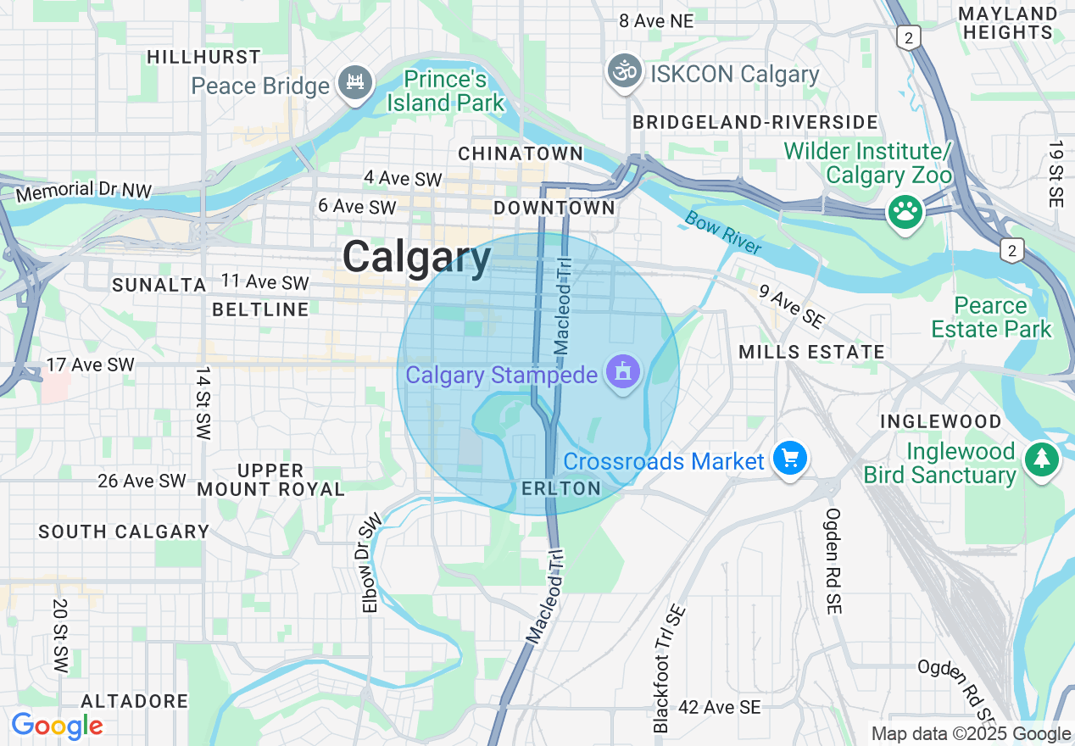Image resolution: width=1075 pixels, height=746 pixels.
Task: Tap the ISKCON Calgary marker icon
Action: click(626, 72)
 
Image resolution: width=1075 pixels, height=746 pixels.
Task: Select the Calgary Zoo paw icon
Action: click(905, 212)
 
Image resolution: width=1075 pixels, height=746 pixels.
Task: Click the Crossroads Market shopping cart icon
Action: click(790, 459)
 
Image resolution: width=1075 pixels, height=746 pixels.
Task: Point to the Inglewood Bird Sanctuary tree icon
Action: click(1042, 460)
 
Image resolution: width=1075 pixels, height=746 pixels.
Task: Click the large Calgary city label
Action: click(416, 257)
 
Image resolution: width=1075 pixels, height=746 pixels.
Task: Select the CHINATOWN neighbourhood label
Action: click(521, 154)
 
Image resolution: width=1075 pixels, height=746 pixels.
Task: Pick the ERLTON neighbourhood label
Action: click(561, 488)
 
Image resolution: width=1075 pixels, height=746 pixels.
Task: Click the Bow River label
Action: click(723, 233)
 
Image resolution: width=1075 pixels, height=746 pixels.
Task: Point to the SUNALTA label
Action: click(159, 285)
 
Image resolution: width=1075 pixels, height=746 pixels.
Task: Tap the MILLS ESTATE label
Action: click(811, 352)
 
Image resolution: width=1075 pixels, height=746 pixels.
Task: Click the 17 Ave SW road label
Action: click(90, 365)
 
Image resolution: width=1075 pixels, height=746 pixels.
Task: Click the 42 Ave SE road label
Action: click(719, 707)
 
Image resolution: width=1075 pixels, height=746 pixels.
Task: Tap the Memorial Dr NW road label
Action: click(83, 191)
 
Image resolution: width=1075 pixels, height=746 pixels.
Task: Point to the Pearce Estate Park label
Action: click(991, 317)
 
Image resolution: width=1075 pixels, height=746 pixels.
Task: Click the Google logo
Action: click(57, 727)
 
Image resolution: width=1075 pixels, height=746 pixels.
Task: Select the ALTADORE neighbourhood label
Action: click(135, 702)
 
